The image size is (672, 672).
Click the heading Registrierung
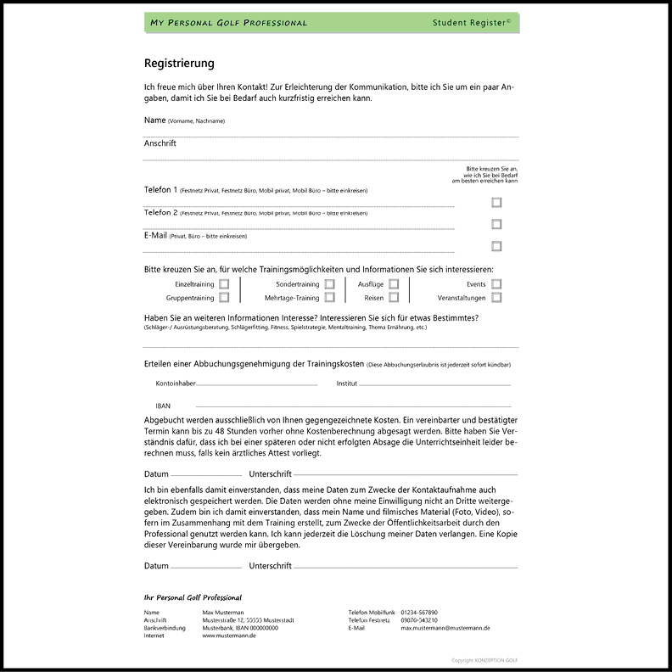point(179,63)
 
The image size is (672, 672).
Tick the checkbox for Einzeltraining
point(224,284)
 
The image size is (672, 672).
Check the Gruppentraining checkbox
point(224,298)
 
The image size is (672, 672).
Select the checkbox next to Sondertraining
point(329,284)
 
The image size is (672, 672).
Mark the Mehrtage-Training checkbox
point(329,298)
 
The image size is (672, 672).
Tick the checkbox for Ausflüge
point(394,284)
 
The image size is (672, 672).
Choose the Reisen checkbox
point(394,298)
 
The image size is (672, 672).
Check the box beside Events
point(496,284)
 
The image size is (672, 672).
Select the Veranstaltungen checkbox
point(496,298)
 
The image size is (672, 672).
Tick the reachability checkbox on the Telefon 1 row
point(496,203)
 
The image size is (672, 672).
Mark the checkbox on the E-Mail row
point(496,246)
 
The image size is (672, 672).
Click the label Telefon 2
point(161,212)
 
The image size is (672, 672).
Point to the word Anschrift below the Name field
point(160,143)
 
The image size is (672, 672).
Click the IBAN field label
point(163,406)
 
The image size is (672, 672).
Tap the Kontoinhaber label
point(176,384)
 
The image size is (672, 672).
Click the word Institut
point(347,384)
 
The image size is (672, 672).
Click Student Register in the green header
point(471,22)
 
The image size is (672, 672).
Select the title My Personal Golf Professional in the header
point(228,23)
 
